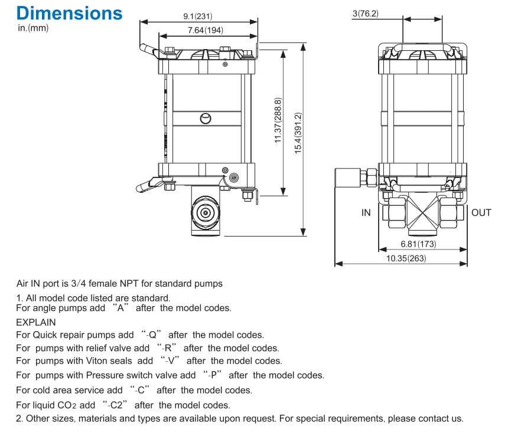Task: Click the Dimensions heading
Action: pyautogui.click(x=70, y=13)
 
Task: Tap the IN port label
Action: pyautogui.click(x=366, y=212)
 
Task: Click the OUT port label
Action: pyautogui.click(x=481, y=212)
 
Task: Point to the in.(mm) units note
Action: pyautogui.click(x=33, y=28)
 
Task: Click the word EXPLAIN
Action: pyautogui.click(x=36, y=322)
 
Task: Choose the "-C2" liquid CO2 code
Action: pyautogui.click(x=116, y=405)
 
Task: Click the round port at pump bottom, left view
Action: pyautogui.click(x=206, y=212)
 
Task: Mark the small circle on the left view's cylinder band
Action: pyautogui.click(x=205, y=118)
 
